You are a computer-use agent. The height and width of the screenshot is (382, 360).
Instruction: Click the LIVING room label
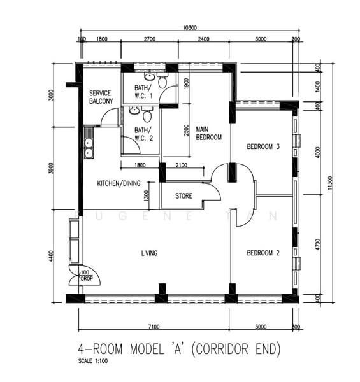click(x=149, y=253)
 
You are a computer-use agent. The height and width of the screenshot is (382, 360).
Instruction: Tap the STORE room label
click(x=184, y=196)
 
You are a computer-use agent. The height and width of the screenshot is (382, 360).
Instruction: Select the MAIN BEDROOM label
click(x=208, y=132)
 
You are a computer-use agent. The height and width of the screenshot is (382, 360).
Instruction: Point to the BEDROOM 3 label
click(x=263, y=146)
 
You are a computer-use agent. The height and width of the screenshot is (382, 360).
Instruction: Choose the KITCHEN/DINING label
click(x=119, y=183)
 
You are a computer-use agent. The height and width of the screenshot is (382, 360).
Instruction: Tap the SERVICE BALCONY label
click(x=101, y=97)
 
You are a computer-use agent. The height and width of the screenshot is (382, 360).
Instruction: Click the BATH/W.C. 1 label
click(x=143, y=92)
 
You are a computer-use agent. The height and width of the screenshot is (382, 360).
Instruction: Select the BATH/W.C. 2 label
click(x=143, y=134)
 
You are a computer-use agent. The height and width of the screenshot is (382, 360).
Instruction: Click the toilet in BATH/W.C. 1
click(x=162, y=81)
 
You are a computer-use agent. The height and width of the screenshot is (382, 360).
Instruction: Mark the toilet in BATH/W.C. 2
click(x=148, y=116)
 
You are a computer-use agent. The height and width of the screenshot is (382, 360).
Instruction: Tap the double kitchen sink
click(x=88, y=148)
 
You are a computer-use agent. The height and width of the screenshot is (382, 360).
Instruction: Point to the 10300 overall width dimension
click(x=189, y=28)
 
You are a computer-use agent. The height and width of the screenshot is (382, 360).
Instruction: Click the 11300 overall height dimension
click(x=329, y=183)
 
